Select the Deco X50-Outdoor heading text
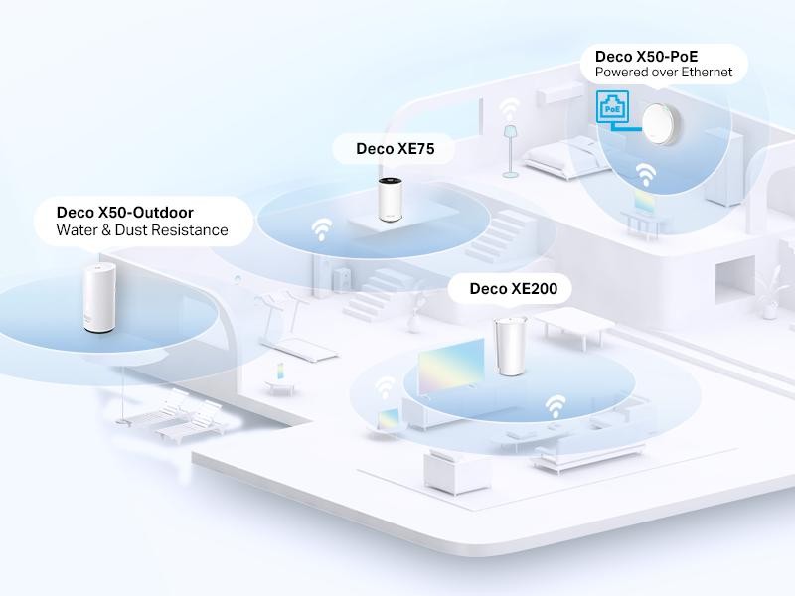(125, 212)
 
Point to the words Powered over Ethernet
(664, 72)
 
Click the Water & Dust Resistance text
(142, 231)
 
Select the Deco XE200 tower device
(510, 347)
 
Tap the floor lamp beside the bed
(511, 149)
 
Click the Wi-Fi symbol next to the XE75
(322, 230)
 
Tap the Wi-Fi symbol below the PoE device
(647, 175)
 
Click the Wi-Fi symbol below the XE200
(555, 405)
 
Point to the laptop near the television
(386, 420)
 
